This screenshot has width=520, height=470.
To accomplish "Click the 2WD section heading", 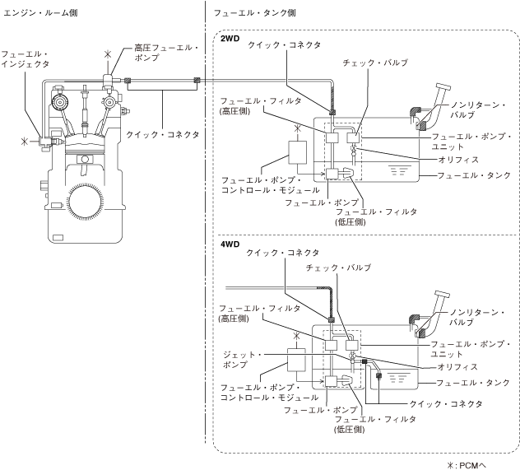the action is point(230,39).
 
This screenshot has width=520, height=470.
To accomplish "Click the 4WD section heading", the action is point(230,244).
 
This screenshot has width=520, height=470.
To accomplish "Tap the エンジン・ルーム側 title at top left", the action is point(40,13).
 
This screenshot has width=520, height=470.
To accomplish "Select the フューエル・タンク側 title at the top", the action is point(254,13).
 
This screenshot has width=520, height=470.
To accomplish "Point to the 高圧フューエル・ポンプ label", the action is point(166,53).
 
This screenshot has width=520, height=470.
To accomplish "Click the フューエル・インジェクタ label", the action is point(26,59).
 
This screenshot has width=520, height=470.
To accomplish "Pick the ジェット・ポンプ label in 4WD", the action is point(242,360).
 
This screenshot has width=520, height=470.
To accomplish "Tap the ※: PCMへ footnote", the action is point(467,465).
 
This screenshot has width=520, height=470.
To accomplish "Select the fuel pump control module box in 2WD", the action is point(297,152).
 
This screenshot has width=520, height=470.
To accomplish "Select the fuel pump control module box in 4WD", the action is point(296,360).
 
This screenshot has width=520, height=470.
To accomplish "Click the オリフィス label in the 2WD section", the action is point(458,160).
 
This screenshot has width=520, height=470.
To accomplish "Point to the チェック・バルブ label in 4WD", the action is point(338,268).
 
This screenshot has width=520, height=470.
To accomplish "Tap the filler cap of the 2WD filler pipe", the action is point(443,87).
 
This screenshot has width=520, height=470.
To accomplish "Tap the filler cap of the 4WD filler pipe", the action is point(442,295).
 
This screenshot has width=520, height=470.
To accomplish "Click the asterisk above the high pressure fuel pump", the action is point(108,54).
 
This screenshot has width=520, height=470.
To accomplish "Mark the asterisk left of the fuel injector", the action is point(25,142).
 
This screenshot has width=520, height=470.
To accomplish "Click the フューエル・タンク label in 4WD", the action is point(472,383).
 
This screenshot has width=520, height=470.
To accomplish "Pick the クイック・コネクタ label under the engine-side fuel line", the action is point(163,135).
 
